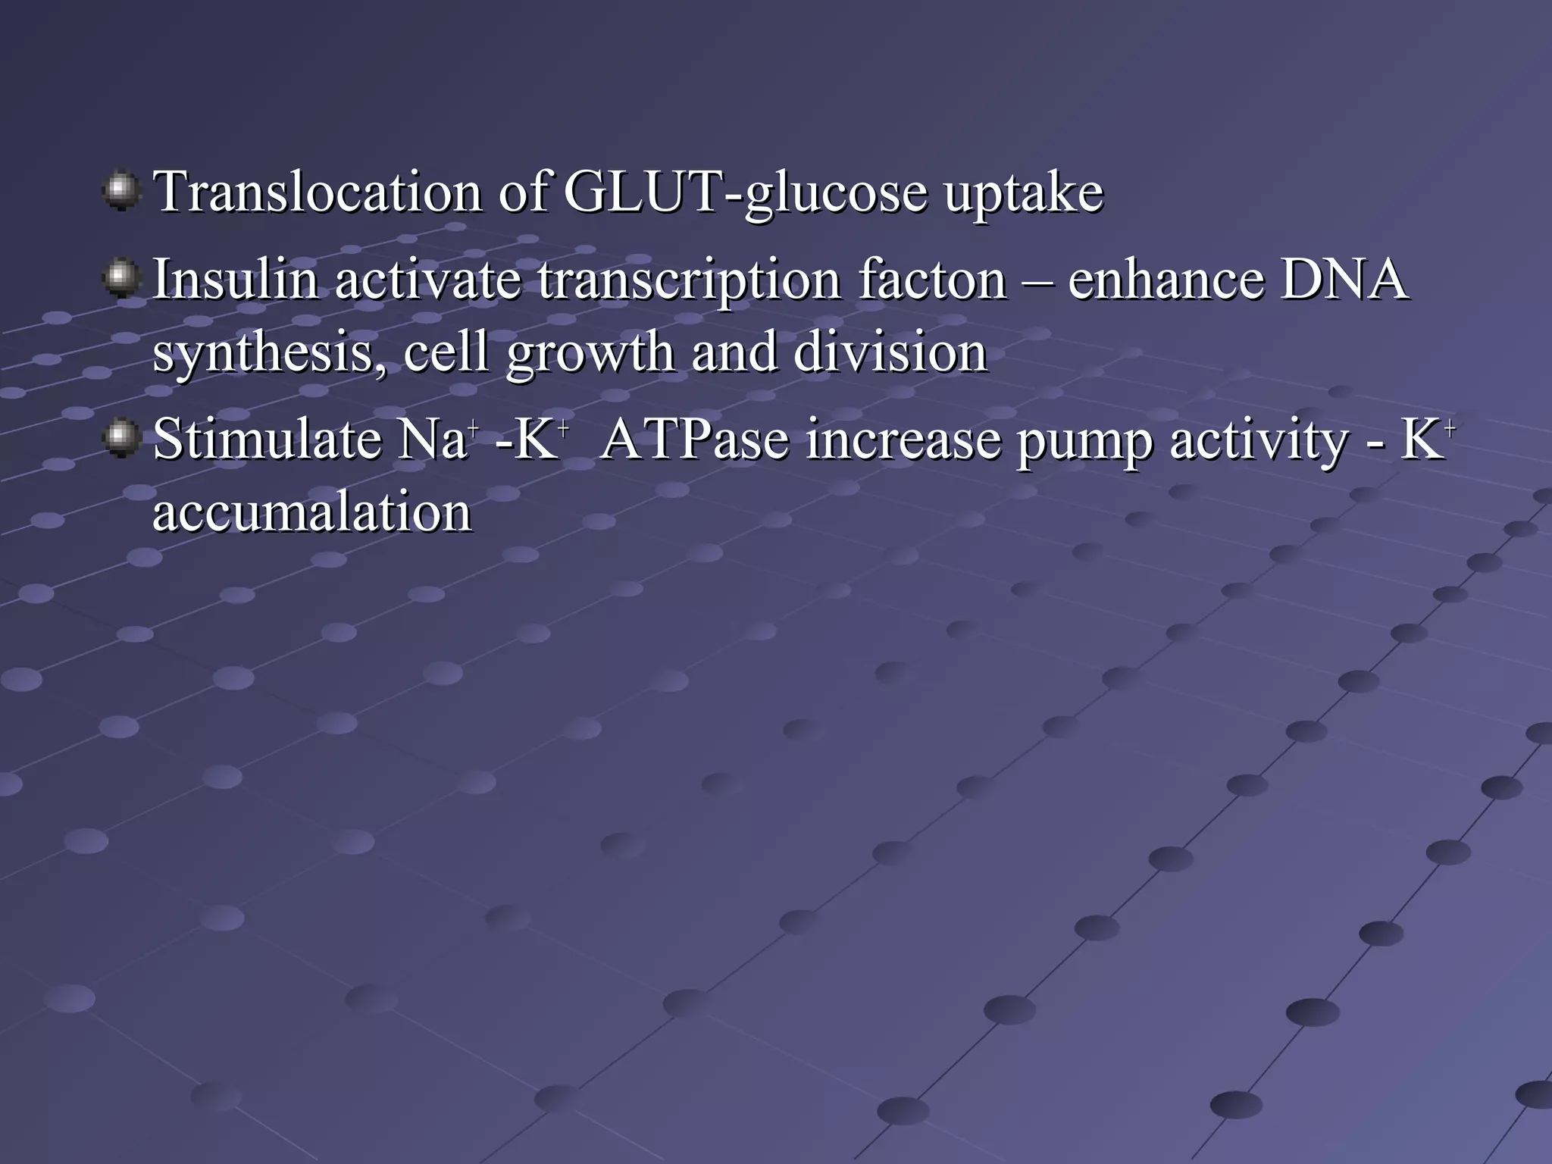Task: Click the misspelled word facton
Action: pyautogui.click(x=932, y=279)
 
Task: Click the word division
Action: pyautogui.click(x=890, y=352)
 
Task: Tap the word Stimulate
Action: pyautogui.click(x=266, y=440)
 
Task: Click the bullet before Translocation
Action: pyautogui.click(x=121, y=191)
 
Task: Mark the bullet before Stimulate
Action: pyautogui.click(x=121, y=439)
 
